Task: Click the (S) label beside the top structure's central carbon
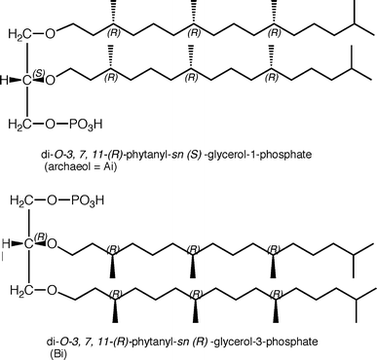37,73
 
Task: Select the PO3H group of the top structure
88,125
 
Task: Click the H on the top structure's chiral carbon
5,80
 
